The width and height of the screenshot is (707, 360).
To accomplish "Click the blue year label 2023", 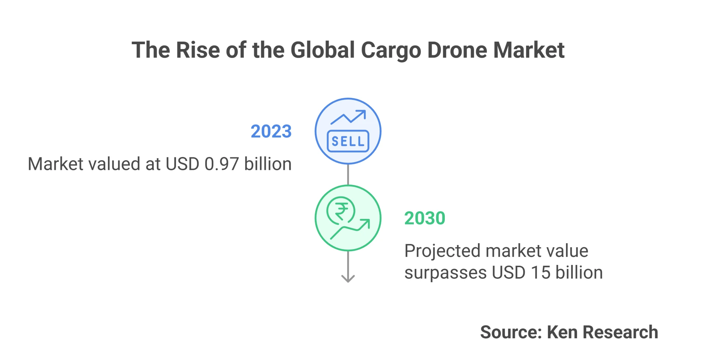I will click(271, 132).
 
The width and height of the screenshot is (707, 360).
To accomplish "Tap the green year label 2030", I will click(425, 218).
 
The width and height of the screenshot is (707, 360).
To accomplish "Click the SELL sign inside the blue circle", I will click(348, 141).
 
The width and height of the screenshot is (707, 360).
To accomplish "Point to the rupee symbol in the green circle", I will click(341, 211).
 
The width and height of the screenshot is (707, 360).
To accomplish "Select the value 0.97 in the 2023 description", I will click(222, 164).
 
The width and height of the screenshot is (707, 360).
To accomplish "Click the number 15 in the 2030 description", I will click(541, 273).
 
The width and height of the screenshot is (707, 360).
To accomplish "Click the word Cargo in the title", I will click(391, 50).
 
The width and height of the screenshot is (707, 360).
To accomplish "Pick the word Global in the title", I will click(323, 50).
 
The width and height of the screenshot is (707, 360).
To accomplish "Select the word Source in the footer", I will click(510, 332).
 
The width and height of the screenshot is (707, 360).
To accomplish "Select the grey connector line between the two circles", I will click(348, 175).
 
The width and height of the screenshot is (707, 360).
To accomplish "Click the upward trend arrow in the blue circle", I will click(348, 117).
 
